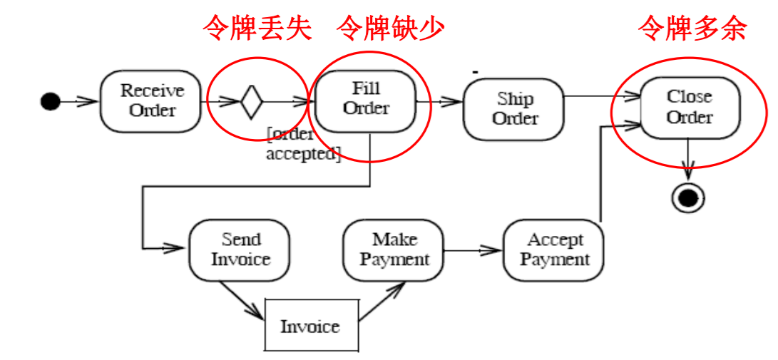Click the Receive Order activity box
click(150, 101)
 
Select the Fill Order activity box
click(366, 99)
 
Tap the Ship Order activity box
click(514, 109)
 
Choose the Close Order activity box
click(690, 106)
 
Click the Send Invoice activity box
click(240, 250)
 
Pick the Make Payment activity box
click(394, 250)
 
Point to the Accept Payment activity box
click(554, 250)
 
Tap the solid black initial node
click(49, 101)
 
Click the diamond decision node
click(252, 101)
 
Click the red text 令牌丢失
click(257, 29)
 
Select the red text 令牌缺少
click(390, 29)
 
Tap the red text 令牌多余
click(692, 29)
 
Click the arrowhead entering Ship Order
click(454, 102)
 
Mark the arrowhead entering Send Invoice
click(179, 248)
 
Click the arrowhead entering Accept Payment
click(494, 250)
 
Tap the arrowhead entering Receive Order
click(90, 101)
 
